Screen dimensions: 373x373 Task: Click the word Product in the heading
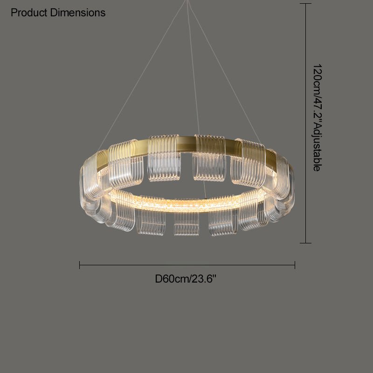click(x=29, y=13)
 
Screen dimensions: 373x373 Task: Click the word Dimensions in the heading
click(x=78, y=13)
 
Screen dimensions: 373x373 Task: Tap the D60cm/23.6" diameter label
click(x=186, y=278)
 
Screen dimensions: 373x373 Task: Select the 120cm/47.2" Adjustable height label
click(x=318, y=117)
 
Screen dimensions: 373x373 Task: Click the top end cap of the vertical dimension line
click(x=306, y=4)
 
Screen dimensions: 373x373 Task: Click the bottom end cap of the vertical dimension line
click(x=306, y=243)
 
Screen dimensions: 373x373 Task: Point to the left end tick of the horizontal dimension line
click(x=79, y=265)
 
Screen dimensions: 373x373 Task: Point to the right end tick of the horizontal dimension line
click(x=295, y=265)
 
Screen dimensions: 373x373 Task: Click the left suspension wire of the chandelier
click(x=141, y=76)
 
